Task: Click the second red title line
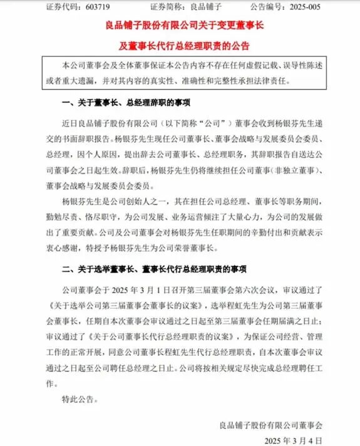coord(180,46)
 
